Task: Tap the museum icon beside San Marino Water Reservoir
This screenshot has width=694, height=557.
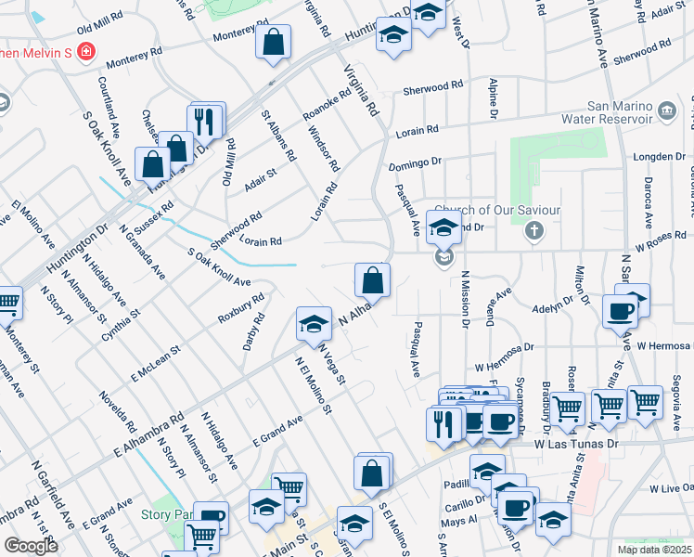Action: pos(667,111)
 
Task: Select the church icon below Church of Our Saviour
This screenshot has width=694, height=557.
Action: pos(533,231)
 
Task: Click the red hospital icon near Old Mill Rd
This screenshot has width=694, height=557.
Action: pos(85,52)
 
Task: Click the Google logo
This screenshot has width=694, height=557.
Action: pos(31,546)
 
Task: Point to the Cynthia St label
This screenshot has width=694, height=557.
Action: pos(122,322)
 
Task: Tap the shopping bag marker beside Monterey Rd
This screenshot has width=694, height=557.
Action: pos(274,43)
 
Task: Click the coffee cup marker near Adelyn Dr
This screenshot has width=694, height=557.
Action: pos(620,313)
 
